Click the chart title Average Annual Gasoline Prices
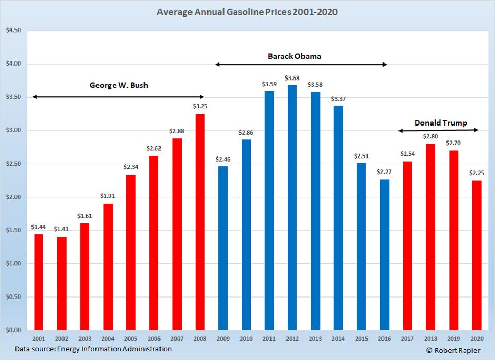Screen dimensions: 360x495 tap(247, 11)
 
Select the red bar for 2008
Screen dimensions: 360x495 tap(199, 222)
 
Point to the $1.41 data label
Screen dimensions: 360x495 tap(61, 230)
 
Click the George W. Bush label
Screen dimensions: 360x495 tap(119, 85)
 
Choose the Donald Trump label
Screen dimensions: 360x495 tap(440, 123)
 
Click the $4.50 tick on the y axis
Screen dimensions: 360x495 tap(13, 30)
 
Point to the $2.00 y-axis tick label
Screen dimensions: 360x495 tap(13, 197)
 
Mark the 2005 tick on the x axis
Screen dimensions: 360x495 tap(131, 339)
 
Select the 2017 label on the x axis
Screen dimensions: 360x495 tap(408, 339)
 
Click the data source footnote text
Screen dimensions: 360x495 tap(93, 349)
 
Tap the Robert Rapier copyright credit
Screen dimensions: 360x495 tap(453, 351)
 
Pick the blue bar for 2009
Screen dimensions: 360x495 tap(222, 248)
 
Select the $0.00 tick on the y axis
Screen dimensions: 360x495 tap(13, 330)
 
